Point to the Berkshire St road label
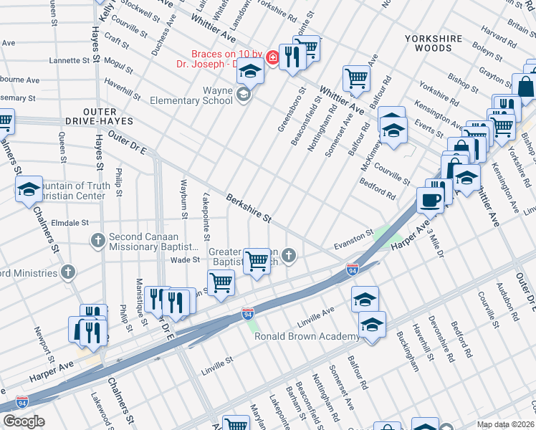(249, 207)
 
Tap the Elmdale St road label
(70, 223)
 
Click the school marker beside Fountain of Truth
(29, 189)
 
